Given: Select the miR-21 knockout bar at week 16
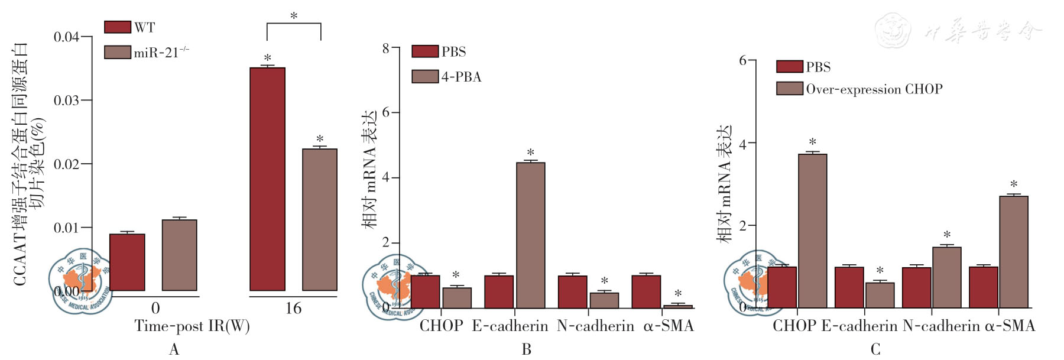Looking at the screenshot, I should click(x=320, y=219).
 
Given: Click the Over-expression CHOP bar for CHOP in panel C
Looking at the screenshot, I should click(x=812, y=231).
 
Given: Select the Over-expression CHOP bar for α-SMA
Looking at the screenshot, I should click(x=1013, y=252).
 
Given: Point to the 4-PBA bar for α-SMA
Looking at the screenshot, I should click(x=678, y=306).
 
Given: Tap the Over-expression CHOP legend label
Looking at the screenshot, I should click(x=874, y=89).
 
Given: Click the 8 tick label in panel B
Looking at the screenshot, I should click(x=386, y=48).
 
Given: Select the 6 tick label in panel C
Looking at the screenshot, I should click(x=743, y=60).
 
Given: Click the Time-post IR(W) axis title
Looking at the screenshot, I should click(x=192, y=326).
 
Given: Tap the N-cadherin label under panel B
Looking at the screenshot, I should click(x=595, y=326).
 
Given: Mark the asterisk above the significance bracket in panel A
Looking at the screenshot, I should click(x=294, y=16).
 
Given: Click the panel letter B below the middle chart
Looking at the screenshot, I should click(x=526, y=350).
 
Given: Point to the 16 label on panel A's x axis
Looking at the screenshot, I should click(x=293, y=308).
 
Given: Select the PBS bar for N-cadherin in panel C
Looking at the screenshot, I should click(x=916, y=287).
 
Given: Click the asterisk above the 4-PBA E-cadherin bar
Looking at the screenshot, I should click(x=531, y=153).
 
